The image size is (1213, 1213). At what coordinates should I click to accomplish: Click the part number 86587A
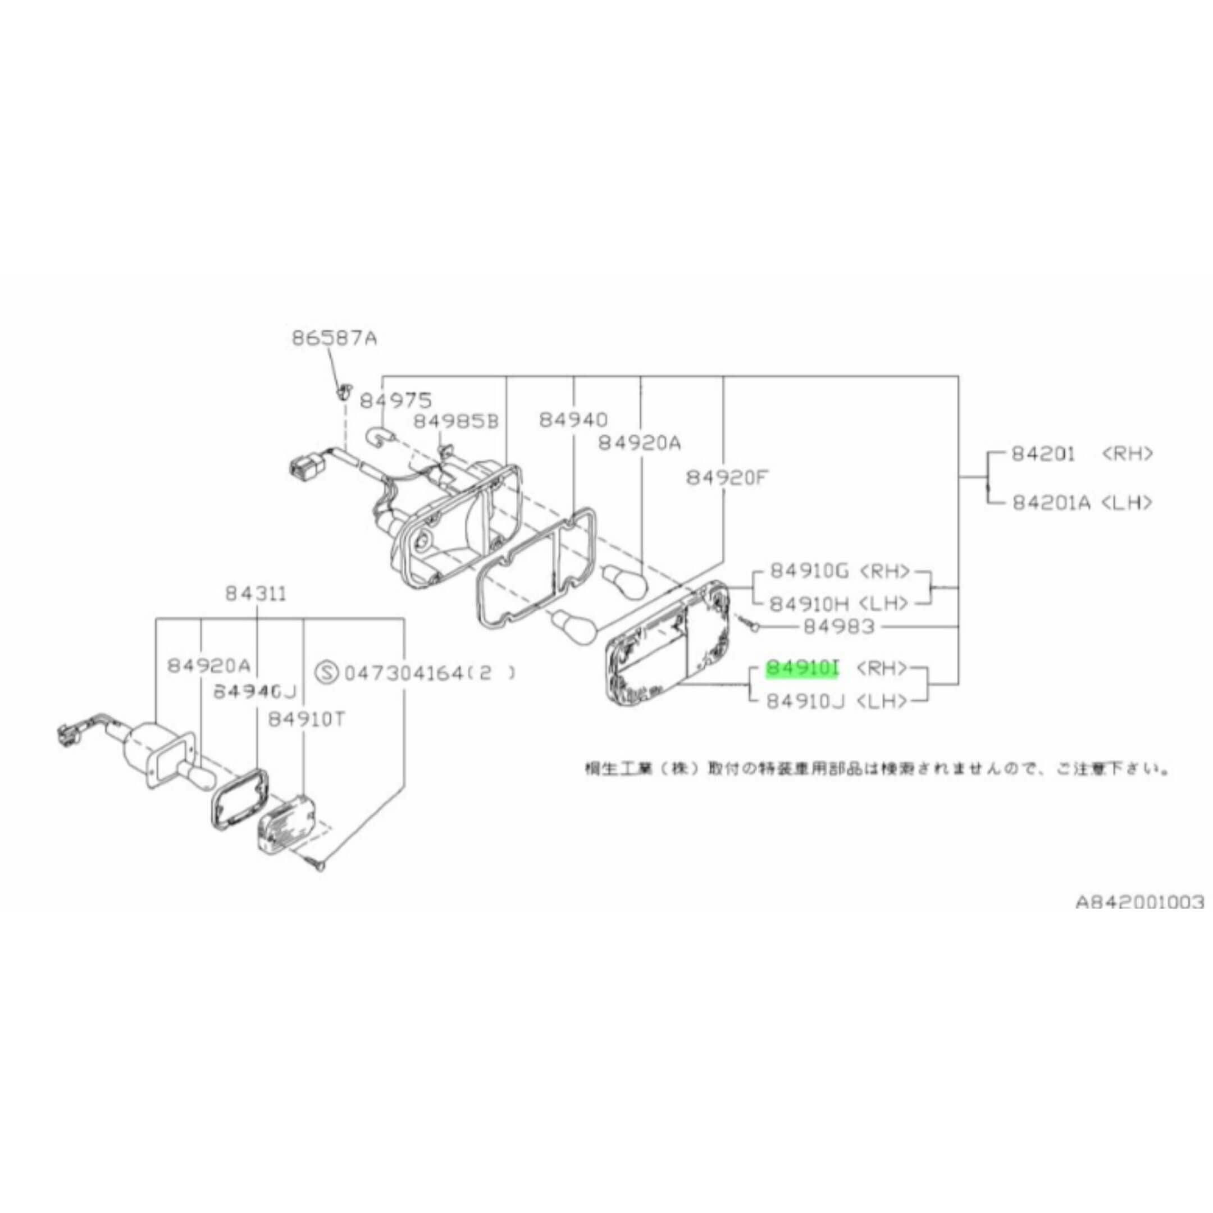(x=334, y=339)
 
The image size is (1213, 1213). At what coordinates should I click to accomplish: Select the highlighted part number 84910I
(x=802, y=669)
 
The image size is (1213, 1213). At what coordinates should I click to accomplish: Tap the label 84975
(x=395, y=400)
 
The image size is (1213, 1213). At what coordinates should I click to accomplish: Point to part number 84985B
(x=455, y=421)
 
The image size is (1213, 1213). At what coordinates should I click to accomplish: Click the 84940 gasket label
(x=573, y=420)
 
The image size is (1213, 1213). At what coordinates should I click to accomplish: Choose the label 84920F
(x=727, y=478)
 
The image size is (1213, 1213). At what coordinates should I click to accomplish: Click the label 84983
(x=839, y=626)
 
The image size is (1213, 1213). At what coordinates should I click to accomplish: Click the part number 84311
(x=256, y=594)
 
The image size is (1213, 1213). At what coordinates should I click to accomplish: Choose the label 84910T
(x=307, y=719)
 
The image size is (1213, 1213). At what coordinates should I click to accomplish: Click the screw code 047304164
(x=412, y=674)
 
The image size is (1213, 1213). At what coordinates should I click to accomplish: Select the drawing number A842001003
(x=1139, y=902)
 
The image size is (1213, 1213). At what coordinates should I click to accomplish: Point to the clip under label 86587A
(x=343, y=392)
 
